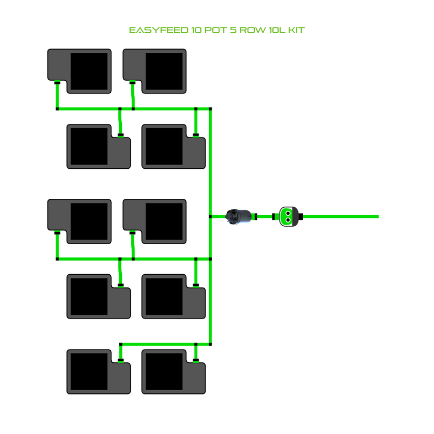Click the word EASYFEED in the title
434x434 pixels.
[x=158, y=30]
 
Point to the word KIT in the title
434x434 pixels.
[x=296, y=30]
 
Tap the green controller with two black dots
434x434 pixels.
[x=287, y=216]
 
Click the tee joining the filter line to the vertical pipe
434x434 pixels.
[x=210, y=216]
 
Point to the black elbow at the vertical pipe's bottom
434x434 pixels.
[x=210, y=344]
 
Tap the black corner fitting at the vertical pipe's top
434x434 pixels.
[x=210, y=109]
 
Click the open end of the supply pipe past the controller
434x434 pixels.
[x=378, y=216]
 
